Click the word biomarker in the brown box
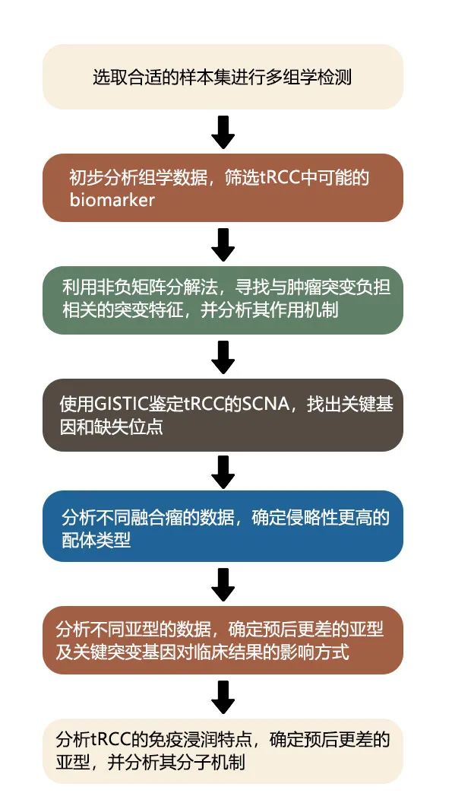click(112, 199)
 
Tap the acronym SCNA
click(265, 405)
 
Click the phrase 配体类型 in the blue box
click(96, 540)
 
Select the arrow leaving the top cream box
click(223, 132)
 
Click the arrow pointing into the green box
click(223, 245)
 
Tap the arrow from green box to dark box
click(223, 357)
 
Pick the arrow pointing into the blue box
click(223, 472)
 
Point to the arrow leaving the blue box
click(223, 585)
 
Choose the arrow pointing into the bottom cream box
click(223, 697)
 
